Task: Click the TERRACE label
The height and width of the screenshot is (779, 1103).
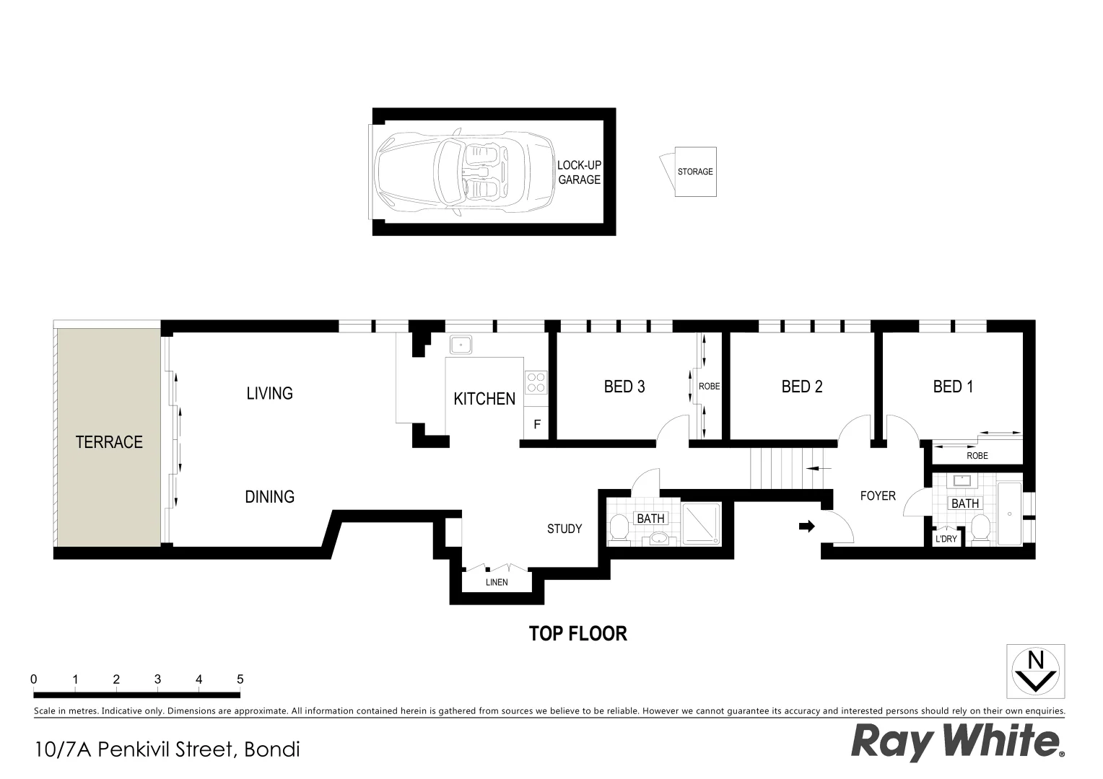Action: tap(109, 442)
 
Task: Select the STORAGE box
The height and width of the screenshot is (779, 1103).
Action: tap(695, 172)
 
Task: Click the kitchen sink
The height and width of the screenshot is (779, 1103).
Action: tap(460, 344)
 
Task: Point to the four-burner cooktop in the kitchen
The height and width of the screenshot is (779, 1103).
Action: tap(536, 382)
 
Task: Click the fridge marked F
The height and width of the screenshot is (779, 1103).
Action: tap(536, 425)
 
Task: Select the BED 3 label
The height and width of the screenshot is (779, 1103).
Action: tap(624, 387)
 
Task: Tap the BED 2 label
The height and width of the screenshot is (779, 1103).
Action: tap(802, 387)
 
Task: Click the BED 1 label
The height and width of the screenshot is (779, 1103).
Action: tap(953, 387)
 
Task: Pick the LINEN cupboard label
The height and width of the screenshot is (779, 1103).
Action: tap(497, 582)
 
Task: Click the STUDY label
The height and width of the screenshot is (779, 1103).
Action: tap(564, 529)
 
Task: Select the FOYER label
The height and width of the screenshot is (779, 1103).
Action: tap(878, 496)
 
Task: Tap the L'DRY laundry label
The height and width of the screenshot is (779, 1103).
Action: tap(946, 540)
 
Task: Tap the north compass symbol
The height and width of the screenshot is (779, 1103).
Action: tap(1036, 670)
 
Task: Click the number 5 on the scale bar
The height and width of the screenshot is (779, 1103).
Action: tap(240, 679)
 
